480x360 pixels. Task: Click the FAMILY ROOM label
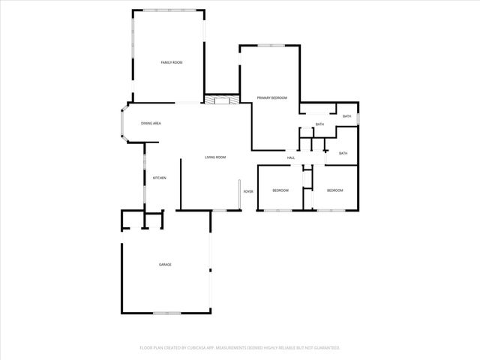click(x=172, y=62)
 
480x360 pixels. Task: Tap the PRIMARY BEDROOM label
click(x=272, y=98)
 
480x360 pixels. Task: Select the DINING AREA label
click(x=151, y=123)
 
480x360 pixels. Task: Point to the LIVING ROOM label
click(x=216, y=157)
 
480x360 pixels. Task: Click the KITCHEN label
click(x=160, y=178)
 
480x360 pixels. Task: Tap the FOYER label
click(x=248, y=191)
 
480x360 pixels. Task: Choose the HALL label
click(x=291, y=157)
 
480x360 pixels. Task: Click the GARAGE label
click(x=165, y=265)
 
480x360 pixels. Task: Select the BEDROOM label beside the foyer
click(x=280, y=190)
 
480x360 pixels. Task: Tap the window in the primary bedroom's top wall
click(x=268, y=46)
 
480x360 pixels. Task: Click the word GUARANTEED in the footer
click(x=326, y=348)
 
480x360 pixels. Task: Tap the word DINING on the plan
click(x=147, y=123)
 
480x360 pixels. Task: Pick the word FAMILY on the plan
click(x=166, y=62)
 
